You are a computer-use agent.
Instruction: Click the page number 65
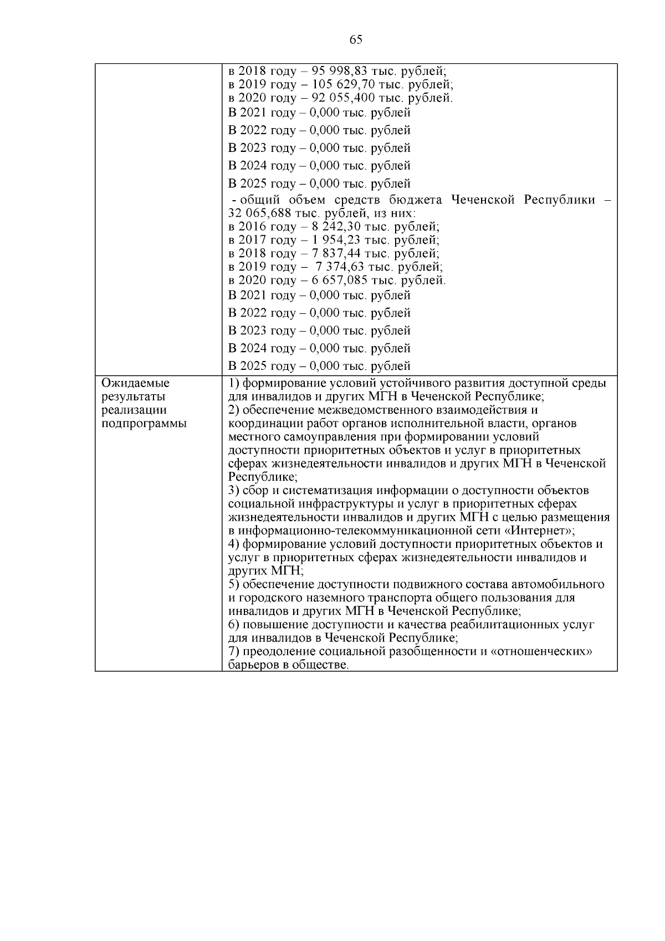point(356,39)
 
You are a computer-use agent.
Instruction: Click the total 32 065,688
point(259,213)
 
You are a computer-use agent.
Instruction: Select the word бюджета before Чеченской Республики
point(419,200)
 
